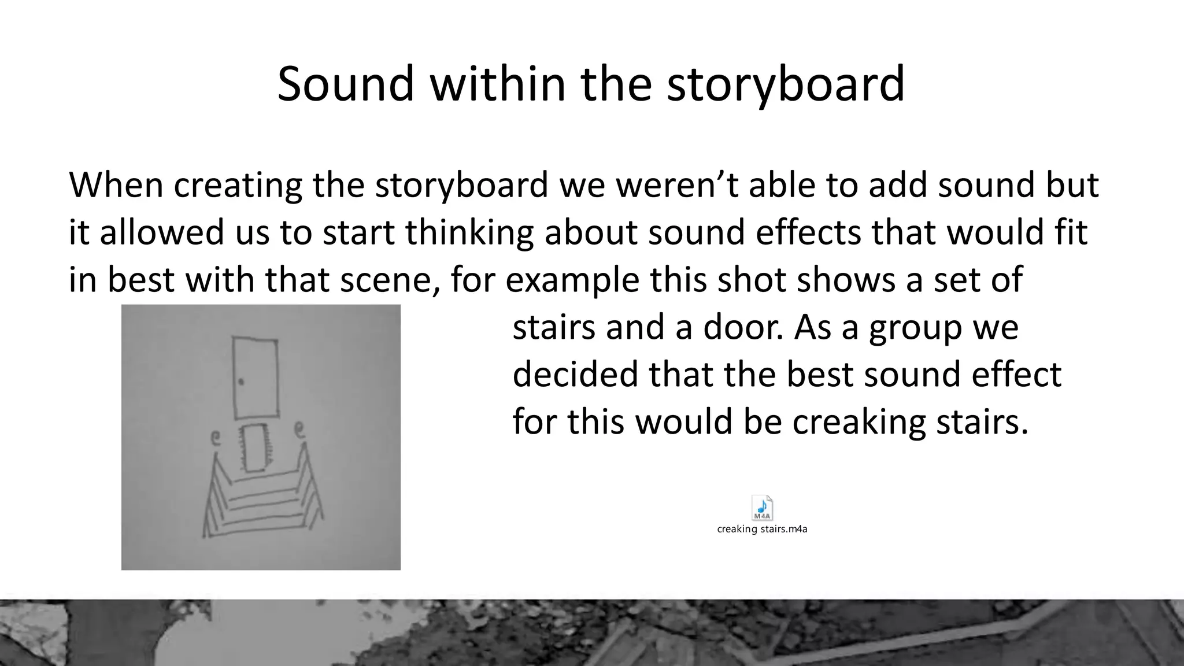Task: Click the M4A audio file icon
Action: [762, 508]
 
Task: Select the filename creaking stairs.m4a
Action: [762, 529]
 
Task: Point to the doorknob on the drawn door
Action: [240, 382]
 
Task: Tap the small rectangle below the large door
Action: [254, 447]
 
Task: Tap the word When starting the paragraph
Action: [116, 186]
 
